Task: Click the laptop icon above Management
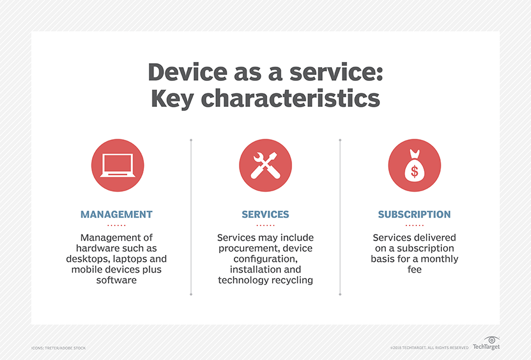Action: (117, 165)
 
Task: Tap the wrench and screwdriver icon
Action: (265, 165)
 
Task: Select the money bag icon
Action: (414, 165)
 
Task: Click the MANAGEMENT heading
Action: (117, 215)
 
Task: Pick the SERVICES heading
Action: (265, 215)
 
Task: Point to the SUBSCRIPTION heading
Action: (414, 215)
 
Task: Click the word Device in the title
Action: (188, 71)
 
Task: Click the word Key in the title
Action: (171, 98)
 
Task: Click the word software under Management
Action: (117, 280)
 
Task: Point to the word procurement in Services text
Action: (247, 248)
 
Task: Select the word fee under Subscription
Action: (414, 270)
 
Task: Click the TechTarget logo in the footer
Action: (486, 343)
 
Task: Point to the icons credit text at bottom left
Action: (58, 348)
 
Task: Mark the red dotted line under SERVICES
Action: (265, 225)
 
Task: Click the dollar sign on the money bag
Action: (414, 172)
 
